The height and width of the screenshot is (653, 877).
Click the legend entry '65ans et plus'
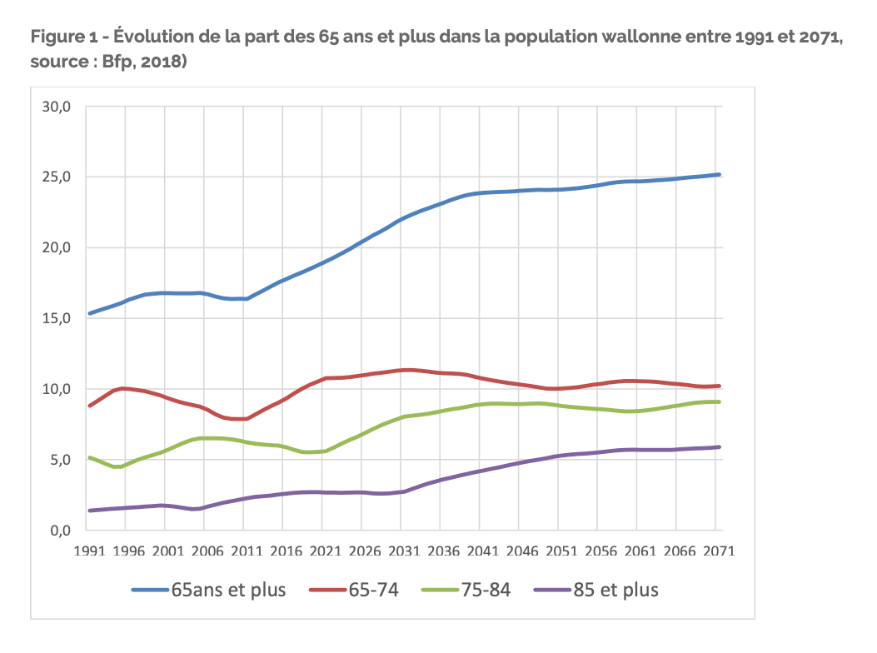tap(228, 590)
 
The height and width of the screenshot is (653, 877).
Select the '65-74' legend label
tap(373, 590)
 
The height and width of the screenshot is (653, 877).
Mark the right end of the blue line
tap(719, 175)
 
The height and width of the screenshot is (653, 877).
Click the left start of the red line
tap(89, 406)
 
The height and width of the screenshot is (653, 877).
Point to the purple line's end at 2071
tap(719, 447)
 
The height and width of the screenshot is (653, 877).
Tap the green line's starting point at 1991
tap(89, 457)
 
